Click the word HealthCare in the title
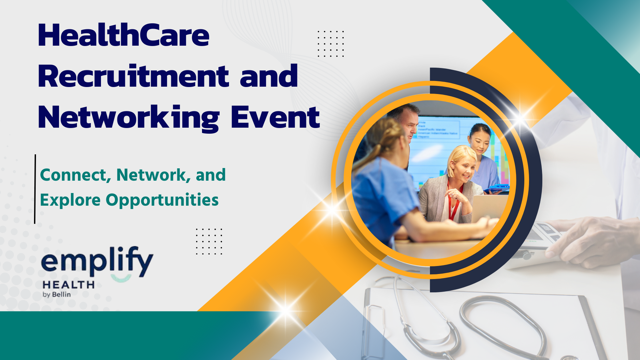[124, 35]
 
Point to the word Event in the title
[275, 117]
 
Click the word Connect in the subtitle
[75, 175]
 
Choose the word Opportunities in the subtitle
[162, 200]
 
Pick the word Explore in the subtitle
[70, 200]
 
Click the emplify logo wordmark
[97, 262]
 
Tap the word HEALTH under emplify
[69, 285]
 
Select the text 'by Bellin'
[57, 294]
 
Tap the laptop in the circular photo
[488, 208]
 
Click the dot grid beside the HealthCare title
[331, 44]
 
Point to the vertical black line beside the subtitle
[35, 189]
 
